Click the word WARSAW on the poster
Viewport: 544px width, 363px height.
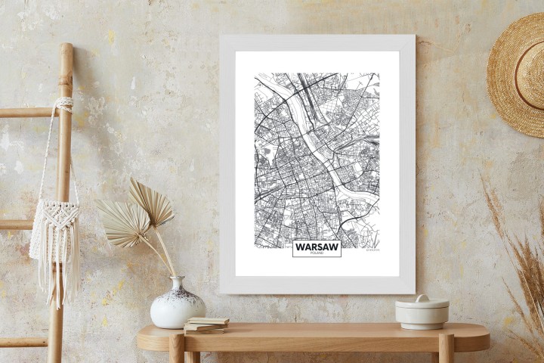(x=317, y=247)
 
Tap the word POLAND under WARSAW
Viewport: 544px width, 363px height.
(x=317, y=253)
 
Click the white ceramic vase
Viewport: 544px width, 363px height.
(x=178, y=306)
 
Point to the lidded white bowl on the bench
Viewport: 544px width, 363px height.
(x=422, y=312)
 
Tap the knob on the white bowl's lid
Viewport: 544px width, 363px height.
(x=422, y=299)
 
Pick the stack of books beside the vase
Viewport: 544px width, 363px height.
(x=206, y=325)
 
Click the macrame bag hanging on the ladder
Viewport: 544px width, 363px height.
(x=54, y=227)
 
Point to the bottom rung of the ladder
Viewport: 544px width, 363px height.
(x=23, y=342)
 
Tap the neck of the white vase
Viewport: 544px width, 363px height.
(x=178, y=283)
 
